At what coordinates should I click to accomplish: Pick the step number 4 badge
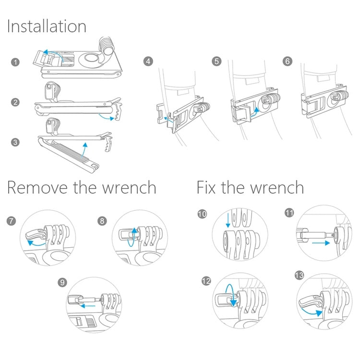[148, 61]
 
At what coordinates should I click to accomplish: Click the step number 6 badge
[288, 61]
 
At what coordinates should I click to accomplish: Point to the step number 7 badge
[12, 221]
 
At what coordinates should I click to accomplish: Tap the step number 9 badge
[62, 282]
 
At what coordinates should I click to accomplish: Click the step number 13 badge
[299, 275]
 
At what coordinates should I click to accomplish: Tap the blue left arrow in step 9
[89, 305]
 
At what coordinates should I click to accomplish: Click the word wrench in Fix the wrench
[273, 187]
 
